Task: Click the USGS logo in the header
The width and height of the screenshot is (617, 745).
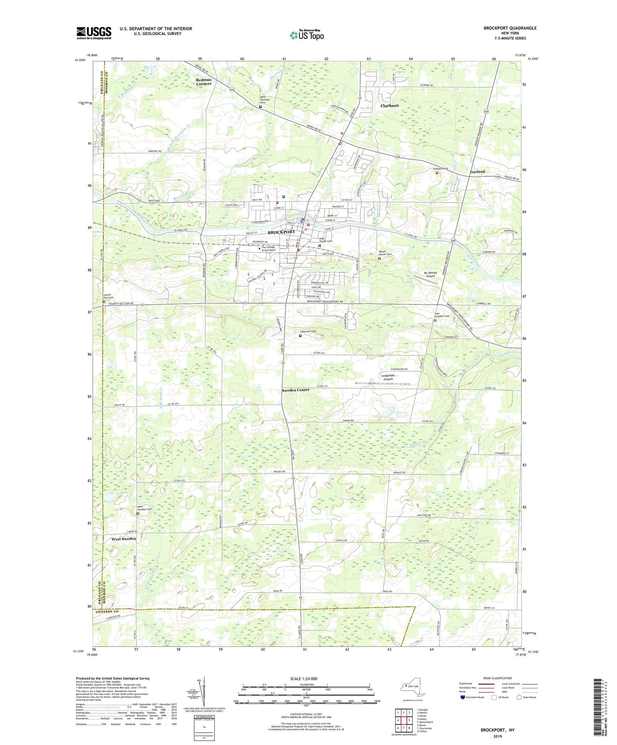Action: [x=94, y=32]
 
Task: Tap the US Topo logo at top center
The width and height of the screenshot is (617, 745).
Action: [x=306, y=35]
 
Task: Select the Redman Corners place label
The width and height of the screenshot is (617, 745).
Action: [x=204, y=81]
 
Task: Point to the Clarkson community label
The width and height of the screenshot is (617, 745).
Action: [x=389, y=105]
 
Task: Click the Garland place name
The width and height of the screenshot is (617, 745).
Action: [x=477, y=172]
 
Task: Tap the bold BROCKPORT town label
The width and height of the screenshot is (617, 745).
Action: [x=281, y=232]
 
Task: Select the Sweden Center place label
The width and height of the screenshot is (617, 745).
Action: [x=295, y=390]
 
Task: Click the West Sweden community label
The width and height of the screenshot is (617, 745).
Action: [x=123, y=539]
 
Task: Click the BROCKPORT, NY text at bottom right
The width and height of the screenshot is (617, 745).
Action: [x=497, y=730]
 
